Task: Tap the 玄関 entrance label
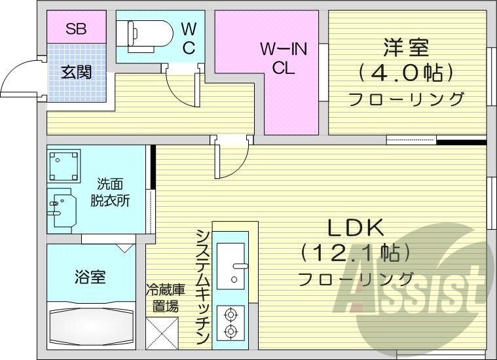(x=76, y=72)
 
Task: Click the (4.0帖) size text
(x=405, y=73)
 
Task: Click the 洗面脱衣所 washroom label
(x=110, y=193)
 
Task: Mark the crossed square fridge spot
(x=162, y=333)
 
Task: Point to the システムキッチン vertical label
(x=203, y=287)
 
